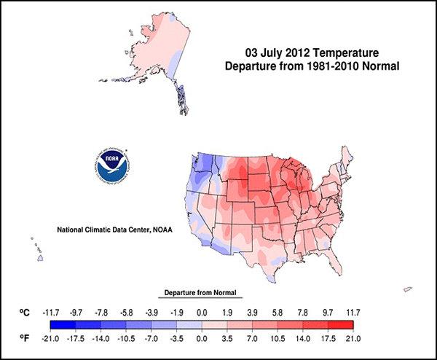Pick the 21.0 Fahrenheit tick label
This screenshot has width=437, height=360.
354,338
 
